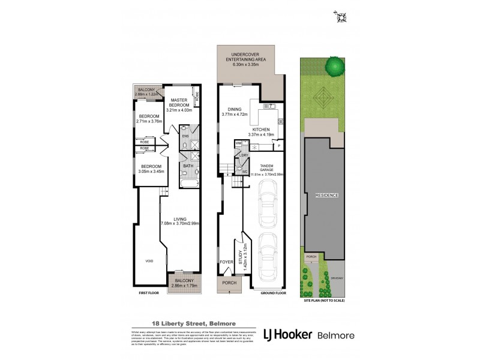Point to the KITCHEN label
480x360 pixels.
260,131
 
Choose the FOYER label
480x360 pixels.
226,262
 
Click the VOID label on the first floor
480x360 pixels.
149,261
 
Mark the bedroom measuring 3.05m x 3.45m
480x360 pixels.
151,169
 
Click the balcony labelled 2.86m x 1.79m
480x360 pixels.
184,283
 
